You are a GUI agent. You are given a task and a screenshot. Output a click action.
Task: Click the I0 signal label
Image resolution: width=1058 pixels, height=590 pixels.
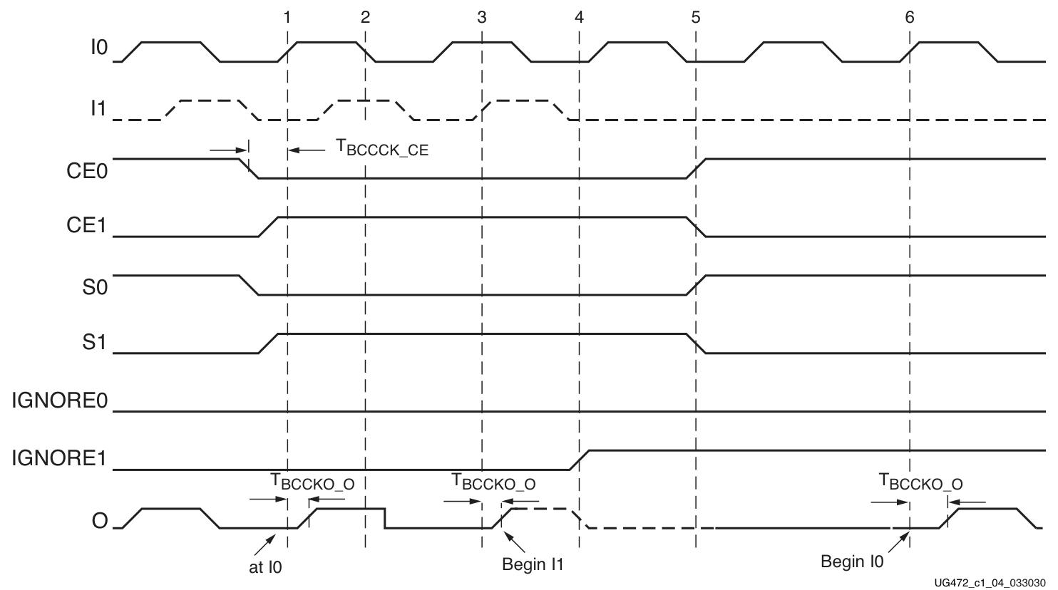[x=99, y=48]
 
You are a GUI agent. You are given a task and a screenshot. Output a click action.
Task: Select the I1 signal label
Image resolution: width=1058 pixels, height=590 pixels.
[x=98, y=108]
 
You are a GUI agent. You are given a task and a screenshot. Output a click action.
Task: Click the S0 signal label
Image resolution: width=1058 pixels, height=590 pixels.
[x=94, y=285]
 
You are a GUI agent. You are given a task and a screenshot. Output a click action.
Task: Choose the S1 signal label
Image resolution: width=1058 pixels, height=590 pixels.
[x=94, y=343]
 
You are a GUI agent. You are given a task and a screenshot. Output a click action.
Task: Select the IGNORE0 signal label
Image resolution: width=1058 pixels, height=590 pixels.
[x=59, y=401]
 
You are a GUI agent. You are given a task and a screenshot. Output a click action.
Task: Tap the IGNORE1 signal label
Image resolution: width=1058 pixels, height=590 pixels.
[x=59, y=458]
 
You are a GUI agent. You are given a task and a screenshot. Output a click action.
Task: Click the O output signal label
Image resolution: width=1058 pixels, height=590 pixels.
[x=100, y=521]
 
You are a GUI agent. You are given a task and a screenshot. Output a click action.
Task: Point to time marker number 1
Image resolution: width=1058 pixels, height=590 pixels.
[x=287, y=17]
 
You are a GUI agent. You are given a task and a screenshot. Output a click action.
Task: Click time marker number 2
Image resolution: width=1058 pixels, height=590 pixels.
[x=365, y=17]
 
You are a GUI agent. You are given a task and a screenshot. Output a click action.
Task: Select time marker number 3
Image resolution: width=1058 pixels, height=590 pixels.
[x=482, y=17]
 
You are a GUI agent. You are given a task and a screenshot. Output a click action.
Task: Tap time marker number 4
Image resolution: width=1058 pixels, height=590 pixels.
[x=579, y=17]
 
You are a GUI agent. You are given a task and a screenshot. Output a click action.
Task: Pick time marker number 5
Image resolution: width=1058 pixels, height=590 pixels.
[x=695, y=17]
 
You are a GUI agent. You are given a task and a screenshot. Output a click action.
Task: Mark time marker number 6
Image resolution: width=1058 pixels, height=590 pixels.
[x=910, y=17]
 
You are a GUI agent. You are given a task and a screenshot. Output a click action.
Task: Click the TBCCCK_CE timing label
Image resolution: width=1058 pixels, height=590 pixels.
[x=382, y=148]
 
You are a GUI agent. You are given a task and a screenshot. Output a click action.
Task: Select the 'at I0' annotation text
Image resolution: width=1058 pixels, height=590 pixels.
[x=265, y=568]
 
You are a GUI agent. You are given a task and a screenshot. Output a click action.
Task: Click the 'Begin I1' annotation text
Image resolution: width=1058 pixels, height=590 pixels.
[x=533, y=565]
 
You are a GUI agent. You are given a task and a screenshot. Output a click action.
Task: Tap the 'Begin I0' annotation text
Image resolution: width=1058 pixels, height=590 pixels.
[x=852, y=561]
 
